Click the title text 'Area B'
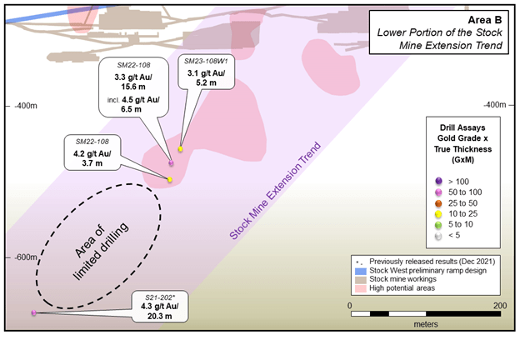tap(484, 20)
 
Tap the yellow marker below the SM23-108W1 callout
tap(180, 149)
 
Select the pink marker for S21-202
tap(33, 312)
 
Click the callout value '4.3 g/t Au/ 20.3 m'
tap(159, 311)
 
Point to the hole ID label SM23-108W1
tap(207, 62)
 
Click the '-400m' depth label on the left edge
tap(26, 106)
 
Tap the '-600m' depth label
tap(26, 257)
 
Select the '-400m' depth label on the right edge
tap(494, 105)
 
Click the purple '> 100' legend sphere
tap(438, 181)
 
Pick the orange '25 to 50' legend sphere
tap(438, 203)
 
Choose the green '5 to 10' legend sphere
tap(438, 225)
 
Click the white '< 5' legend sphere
tap(438, 236)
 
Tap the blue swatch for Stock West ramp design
tap(361, 271)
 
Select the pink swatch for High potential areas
tap(361, 288)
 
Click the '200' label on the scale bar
tap(500, 305)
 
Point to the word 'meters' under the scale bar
tap(426, 324)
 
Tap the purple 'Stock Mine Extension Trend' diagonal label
tap(275, 191)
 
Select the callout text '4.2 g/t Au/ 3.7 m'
tap(92, 158)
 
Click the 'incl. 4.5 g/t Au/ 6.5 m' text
tap(133, 104)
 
